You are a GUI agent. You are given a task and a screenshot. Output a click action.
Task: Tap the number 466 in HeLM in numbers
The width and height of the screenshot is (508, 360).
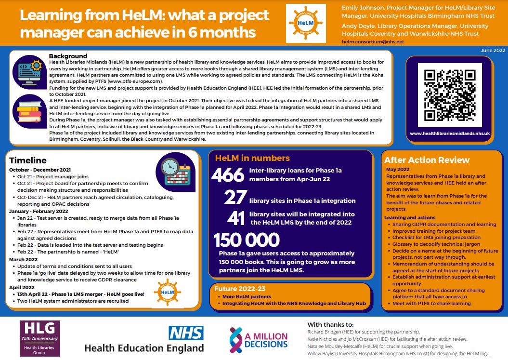point(228,175)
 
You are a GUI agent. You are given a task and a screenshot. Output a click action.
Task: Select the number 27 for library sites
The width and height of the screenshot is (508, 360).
point(235,198)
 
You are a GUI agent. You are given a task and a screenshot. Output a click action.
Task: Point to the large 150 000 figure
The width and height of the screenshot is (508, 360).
point(247,240)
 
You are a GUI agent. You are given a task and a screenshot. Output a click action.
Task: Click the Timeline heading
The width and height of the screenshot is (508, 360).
point(28,160)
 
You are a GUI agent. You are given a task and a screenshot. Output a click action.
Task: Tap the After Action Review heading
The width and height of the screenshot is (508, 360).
point(427,160)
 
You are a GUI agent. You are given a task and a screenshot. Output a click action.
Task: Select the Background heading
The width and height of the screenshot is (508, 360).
point(68,56)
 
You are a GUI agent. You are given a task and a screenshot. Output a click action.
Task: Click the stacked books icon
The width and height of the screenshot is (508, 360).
point(30,110)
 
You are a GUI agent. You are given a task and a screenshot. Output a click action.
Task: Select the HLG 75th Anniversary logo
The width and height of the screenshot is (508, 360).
point(40,338)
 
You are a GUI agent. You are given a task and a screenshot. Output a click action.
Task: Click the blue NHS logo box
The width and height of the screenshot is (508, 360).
point(186,333)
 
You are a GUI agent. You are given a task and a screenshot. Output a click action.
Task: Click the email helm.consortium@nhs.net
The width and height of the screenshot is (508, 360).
point(373,42)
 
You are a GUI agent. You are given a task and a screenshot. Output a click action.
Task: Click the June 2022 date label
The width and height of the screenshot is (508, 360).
point(493,50)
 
